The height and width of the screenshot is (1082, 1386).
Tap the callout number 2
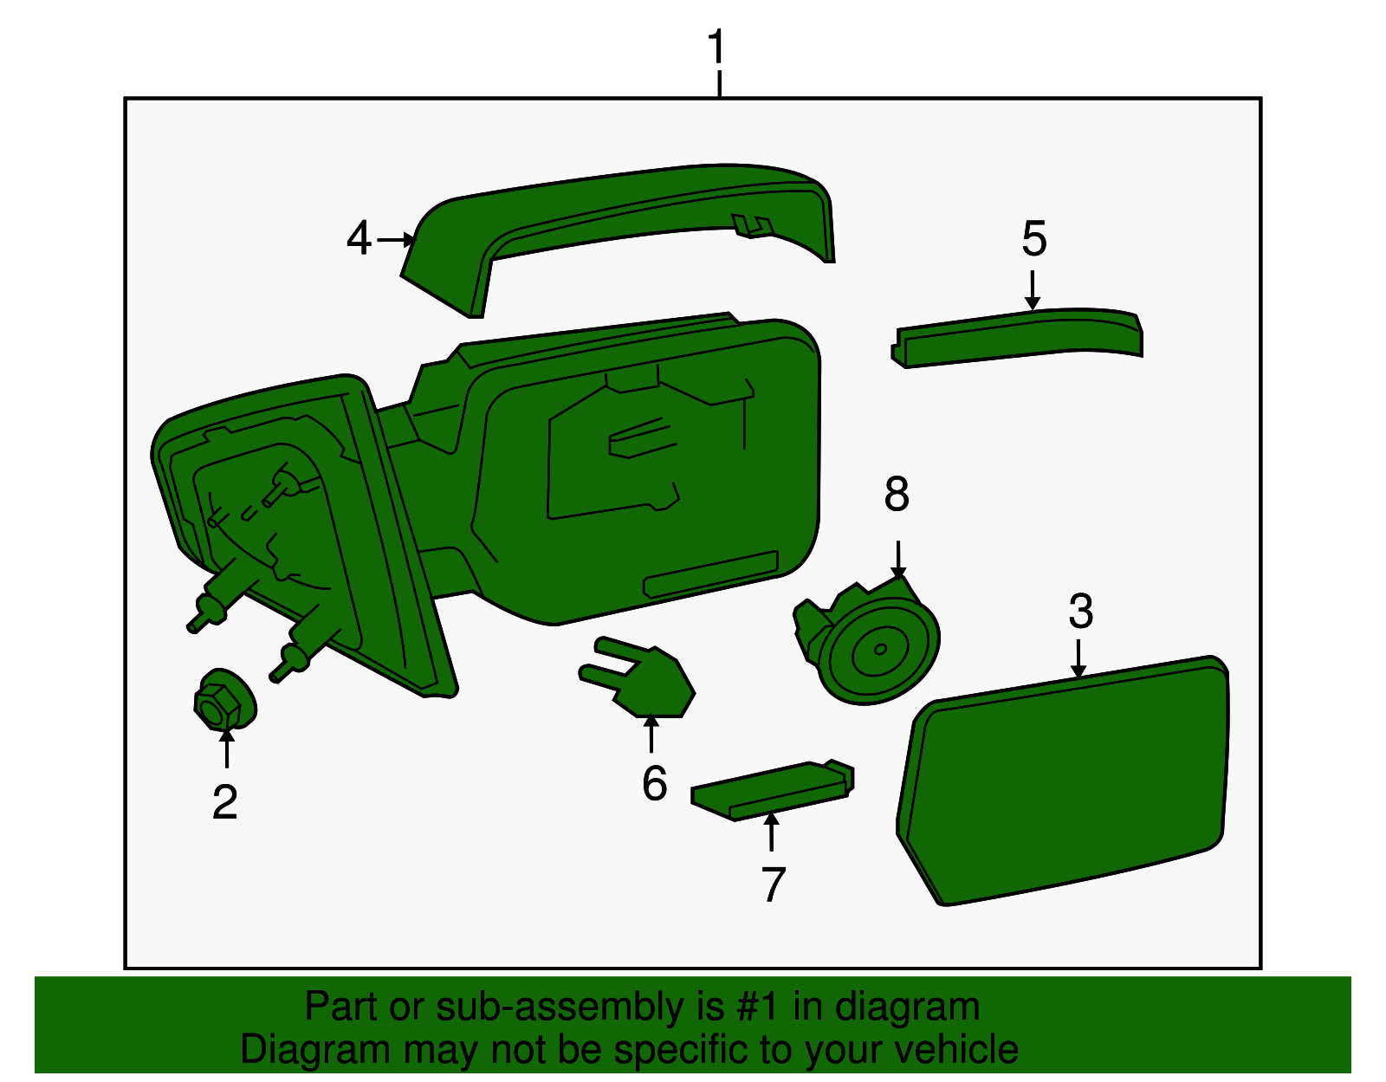click(x=224, y=802)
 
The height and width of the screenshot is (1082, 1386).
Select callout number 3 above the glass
click(x=1080, y=612)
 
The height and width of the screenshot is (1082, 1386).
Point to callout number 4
click(x=359, y=238)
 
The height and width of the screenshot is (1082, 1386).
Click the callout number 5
click(x=1034, y=238)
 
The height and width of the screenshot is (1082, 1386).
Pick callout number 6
click(x=654, y=783)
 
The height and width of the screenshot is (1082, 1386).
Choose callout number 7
click(x=773, y=884)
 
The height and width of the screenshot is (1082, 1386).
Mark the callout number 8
click(x=897, y=495)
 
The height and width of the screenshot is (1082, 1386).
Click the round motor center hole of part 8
click(x=881, y=649)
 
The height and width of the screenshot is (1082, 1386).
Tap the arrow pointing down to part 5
click(x=1032, y=290)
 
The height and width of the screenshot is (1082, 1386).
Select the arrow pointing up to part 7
click(x=770, y=832)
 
